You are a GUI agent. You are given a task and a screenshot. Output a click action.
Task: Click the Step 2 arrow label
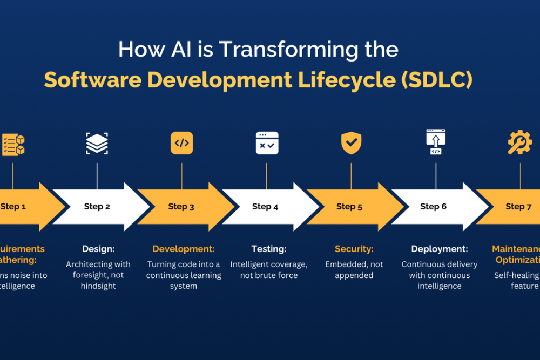click(97, 206)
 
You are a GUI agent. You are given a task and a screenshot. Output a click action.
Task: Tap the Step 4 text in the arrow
click(265, 206)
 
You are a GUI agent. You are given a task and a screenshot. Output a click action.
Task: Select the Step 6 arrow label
click(434, 206)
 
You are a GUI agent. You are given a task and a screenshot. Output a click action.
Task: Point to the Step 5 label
click(349, 206)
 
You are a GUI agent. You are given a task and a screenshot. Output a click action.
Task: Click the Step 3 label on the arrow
click(181, 206)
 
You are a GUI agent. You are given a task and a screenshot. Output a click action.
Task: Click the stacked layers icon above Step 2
click(97, 144)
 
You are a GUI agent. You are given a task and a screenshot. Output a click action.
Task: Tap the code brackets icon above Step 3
click(181, 144)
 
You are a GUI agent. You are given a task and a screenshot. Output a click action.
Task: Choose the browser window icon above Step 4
click(267, 144)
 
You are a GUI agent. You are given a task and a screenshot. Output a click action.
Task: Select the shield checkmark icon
click(351, 144)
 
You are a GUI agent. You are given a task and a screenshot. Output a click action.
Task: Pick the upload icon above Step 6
click(436, 141)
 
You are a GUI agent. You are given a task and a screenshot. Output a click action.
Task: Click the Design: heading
click(98, 249)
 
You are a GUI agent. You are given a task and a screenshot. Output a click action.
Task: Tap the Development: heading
click(184, 249)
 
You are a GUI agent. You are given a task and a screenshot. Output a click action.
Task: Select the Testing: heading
click(269, 249)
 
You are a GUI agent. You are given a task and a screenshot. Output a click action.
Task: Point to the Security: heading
click(354, 249)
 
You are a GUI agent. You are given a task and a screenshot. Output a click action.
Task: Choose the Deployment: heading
click(439, 249)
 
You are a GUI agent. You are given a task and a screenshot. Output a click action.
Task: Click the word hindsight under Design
click(98, 286)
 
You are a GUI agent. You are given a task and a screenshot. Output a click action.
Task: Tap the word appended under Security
click(354, 275)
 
